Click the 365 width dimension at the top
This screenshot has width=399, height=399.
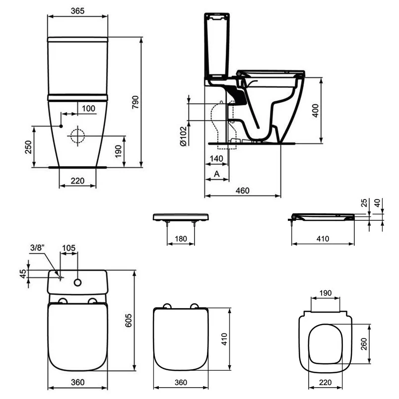point(77,9)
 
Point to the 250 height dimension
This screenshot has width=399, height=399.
point(28,147)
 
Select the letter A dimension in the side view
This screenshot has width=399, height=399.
point(216,174)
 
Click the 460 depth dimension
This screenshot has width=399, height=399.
point(243,191)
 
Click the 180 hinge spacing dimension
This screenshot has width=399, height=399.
point(181,239)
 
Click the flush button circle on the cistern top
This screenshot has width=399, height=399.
point(77,282)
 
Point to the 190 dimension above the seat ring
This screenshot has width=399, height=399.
point(325,293)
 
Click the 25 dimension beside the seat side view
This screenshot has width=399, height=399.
point(363,202)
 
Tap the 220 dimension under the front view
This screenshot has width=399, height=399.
point(77,181)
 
